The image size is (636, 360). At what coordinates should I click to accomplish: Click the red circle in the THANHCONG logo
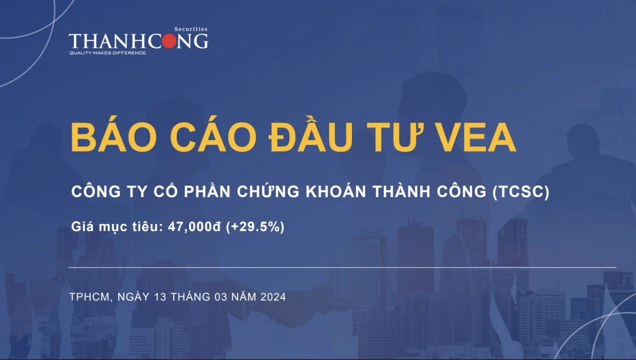(x=169, y=41)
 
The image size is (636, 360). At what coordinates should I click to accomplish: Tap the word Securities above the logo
(x=191, y=29)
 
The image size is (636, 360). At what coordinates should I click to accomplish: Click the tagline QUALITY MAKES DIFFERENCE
(x=108, y=53)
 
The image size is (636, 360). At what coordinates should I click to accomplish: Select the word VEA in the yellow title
(x=476, y=137)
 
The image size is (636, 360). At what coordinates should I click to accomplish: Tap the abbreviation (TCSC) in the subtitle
(x=521, y=192)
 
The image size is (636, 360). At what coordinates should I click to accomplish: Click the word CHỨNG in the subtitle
(x=268, y=192)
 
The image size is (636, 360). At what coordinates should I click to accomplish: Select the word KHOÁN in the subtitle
(x=336, y=192)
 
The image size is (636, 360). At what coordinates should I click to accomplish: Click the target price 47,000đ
(x=194, y=227)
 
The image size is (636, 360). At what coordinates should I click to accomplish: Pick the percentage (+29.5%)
(x=255, y=227)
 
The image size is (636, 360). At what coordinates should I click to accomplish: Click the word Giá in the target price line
(x=82, y=227)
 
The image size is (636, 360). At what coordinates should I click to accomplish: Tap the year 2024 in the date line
(x=273, y=297)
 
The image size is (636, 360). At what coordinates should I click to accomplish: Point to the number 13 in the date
(x=160, y=297)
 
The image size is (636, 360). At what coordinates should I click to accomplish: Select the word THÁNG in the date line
(x=190, y=297)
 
